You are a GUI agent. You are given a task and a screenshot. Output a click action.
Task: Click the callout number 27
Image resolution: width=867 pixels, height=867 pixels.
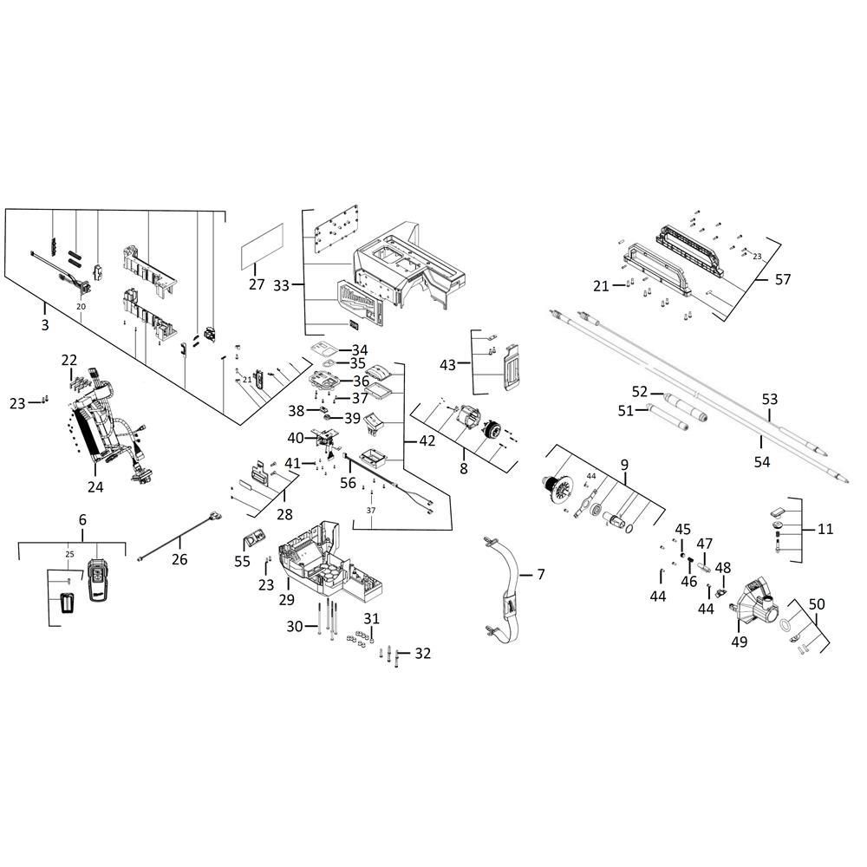coord(257,284)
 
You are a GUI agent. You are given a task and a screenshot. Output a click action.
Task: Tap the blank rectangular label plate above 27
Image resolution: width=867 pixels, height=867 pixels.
coord(263,246)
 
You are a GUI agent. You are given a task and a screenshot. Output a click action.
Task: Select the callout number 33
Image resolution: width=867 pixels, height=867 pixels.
coord(282,285)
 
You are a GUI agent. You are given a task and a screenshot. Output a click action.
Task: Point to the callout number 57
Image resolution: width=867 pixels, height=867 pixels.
coord(783,279)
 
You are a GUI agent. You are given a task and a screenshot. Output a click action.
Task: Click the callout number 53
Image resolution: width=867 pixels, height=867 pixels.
coord(770,399)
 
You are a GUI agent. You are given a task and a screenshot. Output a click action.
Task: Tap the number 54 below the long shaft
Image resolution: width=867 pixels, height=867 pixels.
coord(762,462)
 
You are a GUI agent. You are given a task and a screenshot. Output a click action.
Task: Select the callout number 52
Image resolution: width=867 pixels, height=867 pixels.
coord(640,392)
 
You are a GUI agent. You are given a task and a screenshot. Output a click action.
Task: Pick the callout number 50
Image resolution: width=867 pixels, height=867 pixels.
coord(817,604)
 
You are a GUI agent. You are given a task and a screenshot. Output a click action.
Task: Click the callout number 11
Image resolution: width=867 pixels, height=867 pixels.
coord(825,529)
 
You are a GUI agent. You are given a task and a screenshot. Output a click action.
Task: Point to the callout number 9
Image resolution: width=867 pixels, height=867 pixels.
coord(624,465)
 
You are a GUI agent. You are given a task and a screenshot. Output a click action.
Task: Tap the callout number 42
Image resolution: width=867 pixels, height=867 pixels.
coord(427,440)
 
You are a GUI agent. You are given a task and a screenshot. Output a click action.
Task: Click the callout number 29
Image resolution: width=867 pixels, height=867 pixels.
coord(286,599)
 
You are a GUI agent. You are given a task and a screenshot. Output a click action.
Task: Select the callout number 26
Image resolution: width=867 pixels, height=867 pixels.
coord(179,559)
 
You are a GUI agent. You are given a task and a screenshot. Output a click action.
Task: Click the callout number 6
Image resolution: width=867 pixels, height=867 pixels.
coord(82,519)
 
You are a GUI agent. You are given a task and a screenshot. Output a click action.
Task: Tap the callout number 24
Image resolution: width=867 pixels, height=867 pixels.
coord(95,486)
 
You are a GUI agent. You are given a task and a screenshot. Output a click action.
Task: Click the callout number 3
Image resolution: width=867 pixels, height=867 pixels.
coord(45,324)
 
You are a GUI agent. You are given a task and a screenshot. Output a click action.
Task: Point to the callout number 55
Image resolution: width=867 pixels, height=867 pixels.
coord(242,561)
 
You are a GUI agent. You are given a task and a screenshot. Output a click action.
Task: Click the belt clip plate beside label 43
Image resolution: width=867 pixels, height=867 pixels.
coord(511,367)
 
